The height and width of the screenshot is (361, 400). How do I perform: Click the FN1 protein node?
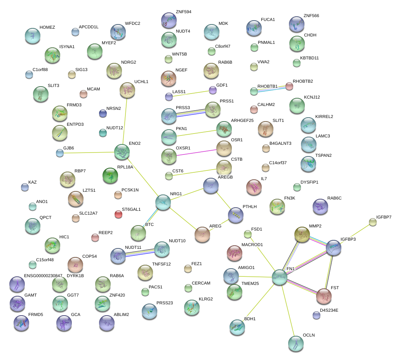(x=279, y=277)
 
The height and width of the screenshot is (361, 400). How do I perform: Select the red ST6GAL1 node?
(x=118, y=214)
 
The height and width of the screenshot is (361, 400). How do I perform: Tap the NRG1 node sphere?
(x=163, y=202)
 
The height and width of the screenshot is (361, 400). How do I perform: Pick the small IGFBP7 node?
(x=372, y=222)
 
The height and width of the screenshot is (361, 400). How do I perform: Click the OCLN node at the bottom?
(x=296, y=343)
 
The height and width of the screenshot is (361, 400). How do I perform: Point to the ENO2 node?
(x=122, y=152)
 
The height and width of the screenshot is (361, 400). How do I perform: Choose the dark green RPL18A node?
(x=110, y=175)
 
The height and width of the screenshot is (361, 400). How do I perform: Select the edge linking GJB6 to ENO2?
(x=89, y=153)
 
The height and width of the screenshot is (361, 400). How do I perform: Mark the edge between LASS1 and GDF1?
(x=190, y=93)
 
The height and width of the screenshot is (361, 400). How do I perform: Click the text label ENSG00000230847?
(x=43, y=276)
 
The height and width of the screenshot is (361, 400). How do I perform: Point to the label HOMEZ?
(x=47, y=28)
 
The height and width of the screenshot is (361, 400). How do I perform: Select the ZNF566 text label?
(x=311, y=16)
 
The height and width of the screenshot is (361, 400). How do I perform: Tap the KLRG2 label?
(x=206, y=299)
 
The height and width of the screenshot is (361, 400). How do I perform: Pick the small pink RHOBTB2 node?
(x=289, y=86)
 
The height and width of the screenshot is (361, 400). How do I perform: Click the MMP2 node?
(x=302, y=234)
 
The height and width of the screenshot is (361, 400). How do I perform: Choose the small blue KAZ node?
(x=24, y=187)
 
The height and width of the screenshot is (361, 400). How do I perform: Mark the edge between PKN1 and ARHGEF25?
(x=196, y=132)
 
